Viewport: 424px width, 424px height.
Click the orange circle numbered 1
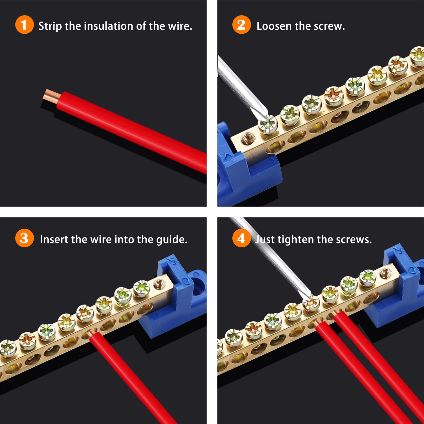pyautogui.click(x=24, y=25)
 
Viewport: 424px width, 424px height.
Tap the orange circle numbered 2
pyautogui.click(x=241, y=25)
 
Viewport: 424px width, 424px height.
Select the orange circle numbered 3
pyautogui.click(x=24, y=238)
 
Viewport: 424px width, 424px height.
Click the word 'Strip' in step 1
pyautogui.click(x=50, y=26)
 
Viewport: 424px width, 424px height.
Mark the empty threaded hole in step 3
pyautogui.click(x=160, y=283)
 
